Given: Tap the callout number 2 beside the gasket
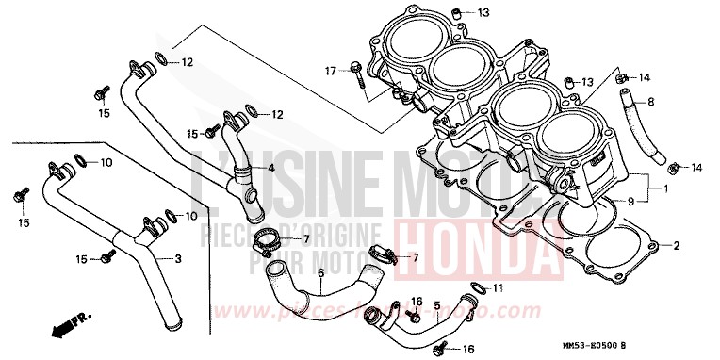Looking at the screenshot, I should coord(675,246).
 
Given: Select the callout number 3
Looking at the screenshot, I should coord(178,258).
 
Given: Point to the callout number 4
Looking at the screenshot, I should coord(270,169).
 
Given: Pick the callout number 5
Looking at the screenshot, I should coord(436,305).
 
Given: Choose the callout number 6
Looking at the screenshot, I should coord(320,274).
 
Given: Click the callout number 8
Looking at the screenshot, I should coord(649,100).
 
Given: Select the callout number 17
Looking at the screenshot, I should coord(331,71).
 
